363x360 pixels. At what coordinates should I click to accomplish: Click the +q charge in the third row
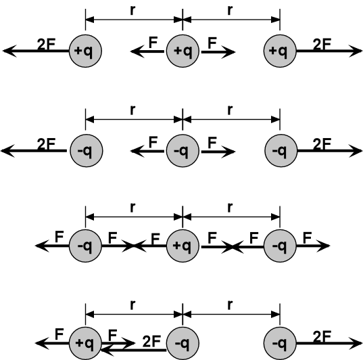pos(183,246)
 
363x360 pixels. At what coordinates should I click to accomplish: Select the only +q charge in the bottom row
pos(85,343)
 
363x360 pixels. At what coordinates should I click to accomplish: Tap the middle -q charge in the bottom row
pos(183,343)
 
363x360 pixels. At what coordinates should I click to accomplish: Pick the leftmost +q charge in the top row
pos(85,51)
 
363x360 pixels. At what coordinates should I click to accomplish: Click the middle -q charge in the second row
pos(183,151)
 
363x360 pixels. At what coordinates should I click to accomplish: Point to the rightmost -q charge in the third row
pos(280,246)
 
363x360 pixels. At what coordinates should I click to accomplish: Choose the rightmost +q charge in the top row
pos(280,51)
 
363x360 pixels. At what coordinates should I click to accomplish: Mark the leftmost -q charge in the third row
pos(85,246)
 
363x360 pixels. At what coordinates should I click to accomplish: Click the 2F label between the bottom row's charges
pos(151,341)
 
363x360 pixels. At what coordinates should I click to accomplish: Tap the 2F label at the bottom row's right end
pos(322,336)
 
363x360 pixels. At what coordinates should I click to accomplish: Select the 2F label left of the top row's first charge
pos(46,44)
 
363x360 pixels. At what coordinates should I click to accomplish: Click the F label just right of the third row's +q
pos(212,238)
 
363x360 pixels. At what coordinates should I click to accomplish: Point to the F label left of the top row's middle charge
pos(153,43)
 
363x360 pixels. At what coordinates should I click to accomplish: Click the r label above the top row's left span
pos(132,10)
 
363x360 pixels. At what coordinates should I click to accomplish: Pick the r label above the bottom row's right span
pos(230,305)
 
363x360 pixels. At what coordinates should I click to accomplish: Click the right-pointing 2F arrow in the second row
pos(330,151)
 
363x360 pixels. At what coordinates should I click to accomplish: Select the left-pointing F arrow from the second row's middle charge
pos(147,152)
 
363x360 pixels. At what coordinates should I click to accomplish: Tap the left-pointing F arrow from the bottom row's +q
pos(52,343)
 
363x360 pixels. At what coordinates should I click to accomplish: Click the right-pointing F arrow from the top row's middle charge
pos(218,52)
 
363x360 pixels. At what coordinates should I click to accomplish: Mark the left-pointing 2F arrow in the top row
pos(36,51)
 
